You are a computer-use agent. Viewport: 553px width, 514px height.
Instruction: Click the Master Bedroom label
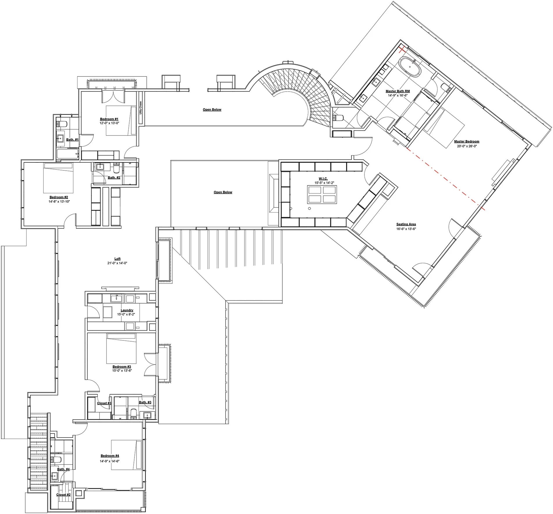click(x=467, y=142)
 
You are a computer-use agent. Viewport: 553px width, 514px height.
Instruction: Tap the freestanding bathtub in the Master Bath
click(x=410, y=67)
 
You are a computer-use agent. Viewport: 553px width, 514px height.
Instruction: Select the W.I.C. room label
click(x=323, y=179)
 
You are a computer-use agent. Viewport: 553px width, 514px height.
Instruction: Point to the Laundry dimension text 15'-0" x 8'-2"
click(x=126, y=314)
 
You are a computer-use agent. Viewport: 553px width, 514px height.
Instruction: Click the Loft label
click(x=117, y=259)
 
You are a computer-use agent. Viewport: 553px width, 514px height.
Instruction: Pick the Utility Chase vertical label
click(x=141, y=108)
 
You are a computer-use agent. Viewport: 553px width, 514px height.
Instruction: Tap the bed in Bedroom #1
click(x=121, y=121)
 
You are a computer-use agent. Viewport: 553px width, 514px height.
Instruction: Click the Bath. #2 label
click(x=114, y=178)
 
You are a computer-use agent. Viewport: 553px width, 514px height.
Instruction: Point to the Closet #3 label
click(x=104, y=403)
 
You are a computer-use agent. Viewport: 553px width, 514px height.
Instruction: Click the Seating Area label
click(x=406, y=224)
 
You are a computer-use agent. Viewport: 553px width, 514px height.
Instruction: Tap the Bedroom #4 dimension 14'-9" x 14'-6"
click(x=110, y=461)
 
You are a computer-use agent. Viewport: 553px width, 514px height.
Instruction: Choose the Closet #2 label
click(x=63, y=495)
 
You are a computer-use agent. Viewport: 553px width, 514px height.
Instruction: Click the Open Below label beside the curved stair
click(x=212, y=110)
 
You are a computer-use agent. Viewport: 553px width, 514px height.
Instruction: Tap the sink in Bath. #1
click(x=61, y=138)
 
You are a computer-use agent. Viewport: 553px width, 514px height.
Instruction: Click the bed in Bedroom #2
click(x=58, y=178)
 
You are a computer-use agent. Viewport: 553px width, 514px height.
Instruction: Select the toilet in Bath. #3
click(x=134, y=413)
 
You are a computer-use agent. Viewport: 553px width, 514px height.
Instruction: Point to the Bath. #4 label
click(x=63, y=469)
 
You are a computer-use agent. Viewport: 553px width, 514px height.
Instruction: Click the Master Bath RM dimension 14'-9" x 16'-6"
click(x=398, y=95)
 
